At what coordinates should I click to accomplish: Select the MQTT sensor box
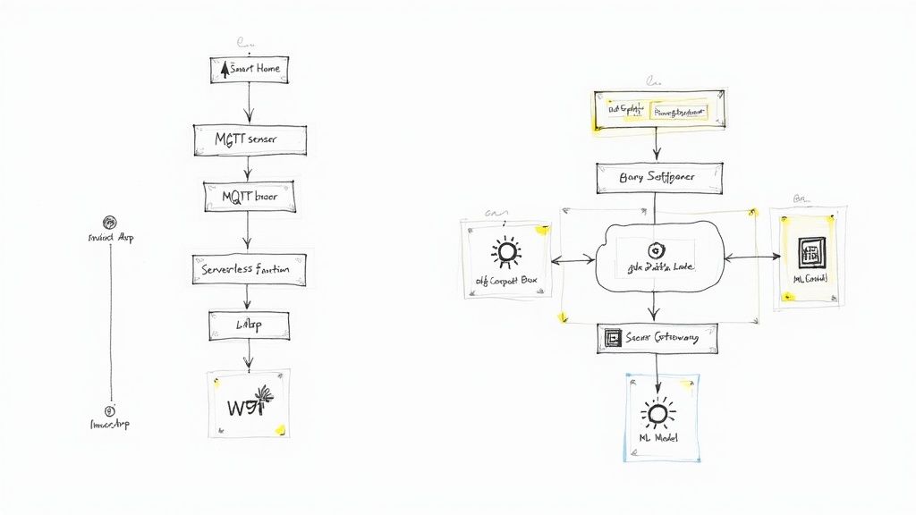(x=250, y=139)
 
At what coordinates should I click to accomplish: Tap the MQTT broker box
(x=250, y=197)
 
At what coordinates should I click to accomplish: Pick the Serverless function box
(x=249, y=267)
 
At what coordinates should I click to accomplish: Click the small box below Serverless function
(x=249, y=326)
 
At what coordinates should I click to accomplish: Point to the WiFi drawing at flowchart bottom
(x=248, y=403)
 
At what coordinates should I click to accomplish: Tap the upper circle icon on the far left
(x=109, y=222)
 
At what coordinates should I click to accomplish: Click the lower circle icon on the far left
(x=109, y=410)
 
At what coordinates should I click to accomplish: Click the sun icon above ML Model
(x=658, y=412)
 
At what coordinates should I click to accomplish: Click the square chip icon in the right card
(x=811, y=250)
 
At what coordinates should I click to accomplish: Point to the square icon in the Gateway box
(x=614, y=339)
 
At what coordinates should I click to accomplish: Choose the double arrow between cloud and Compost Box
(x=572, y=259)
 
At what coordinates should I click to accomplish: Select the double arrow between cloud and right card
(x=751, y=257)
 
